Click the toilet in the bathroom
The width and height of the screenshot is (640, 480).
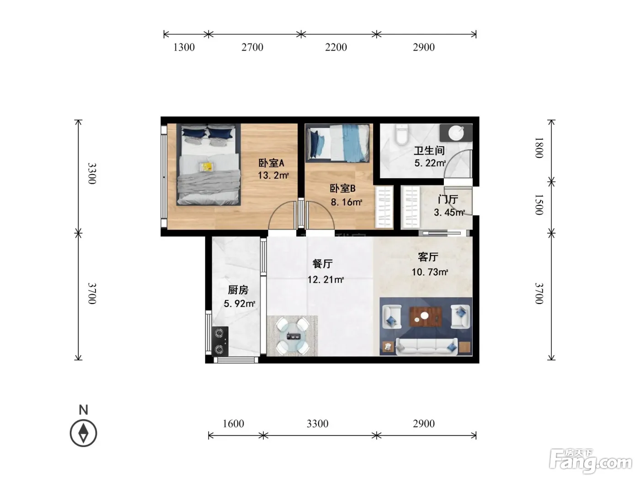401,135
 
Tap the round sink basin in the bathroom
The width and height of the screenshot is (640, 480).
456,133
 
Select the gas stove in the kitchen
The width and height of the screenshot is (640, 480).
220,341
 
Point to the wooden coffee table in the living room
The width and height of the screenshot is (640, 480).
426,316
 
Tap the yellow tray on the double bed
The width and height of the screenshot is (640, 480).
206,166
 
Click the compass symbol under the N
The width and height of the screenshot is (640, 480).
83,433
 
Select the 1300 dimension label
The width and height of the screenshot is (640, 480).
184,47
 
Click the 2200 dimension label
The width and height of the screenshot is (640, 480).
336,47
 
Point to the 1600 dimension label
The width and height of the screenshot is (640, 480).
233,423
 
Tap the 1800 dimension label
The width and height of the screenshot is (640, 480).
539,148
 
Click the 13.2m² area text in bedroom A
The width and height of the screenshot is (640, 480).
273,175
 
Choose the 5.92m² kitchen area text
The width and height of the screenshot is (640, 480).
240,304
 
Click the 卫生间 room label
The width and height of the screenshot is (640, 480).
429,151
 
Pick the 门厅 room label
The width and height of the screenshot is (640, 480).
448,200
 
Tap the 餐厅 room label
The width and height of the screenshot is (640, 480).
322,264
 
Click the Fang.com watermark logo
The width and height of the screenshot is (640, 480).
591,461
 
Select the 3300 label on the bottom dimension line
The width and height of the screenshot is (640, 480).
318,423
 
